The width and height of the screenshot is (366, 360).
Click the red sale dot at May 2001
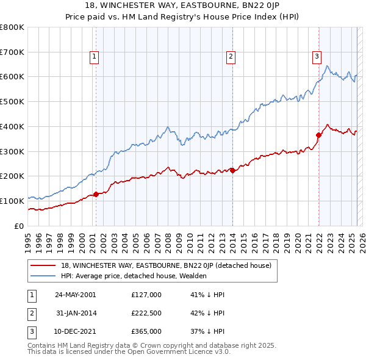click(x=96, y=195)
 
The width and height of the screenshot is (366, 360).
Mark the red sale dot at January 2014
click(x=232, y=170)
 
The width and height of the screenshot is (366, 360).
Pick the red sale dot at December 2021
click(x=318, y=135)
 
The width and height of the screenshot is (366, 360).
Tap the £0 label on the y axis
click(x=20, y=226)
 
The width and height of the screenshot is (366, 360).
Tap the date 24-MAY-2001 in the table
click(x=75, y=295)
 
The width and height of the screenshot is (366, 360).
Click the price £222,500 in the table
click(x=146, y=313)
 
